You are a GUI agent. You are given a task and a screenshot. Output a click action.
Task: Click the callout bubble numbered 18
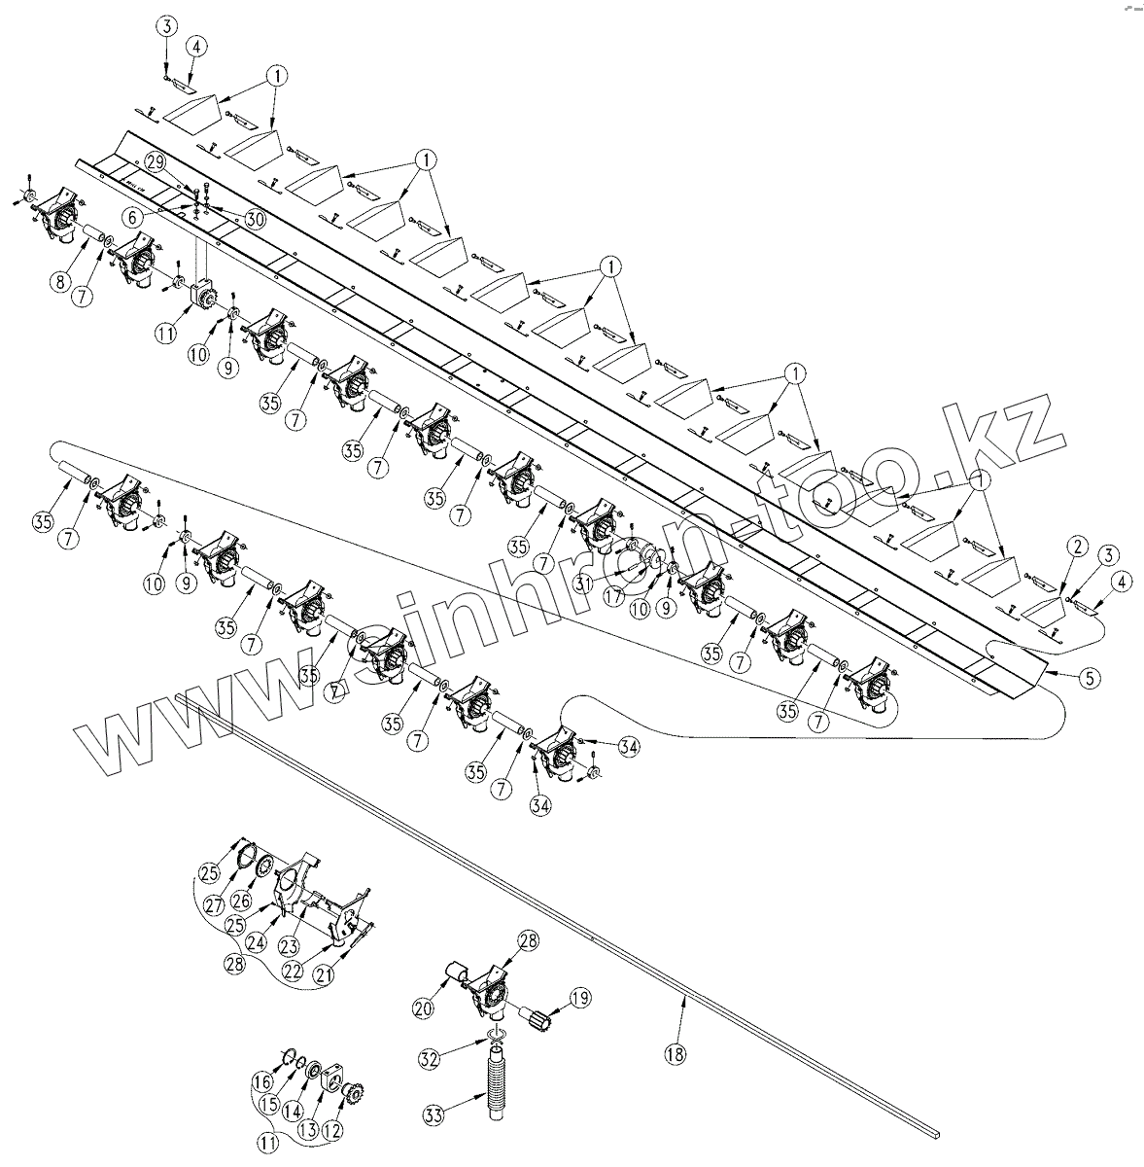pyautogui.click(x=675, y=1053)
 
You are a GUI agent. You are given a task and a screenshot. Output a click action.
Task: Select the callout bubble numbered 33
pyautogui.click(x=435, y=1113)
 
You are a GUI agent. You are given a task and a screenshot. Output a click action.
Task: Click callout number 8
pyautogui.click(x=61, y=283)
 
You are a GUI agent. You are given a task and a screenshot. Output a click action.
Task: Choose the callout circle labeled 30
pyautogui.click(x=255, y=220)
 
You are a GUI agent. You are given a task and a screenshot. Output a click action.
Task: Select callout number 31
pyautogui.click(x=583, y=582)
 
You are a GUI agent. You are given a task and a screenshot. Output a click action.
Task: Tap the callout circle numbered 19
pyautogui.click(x=580, y=997)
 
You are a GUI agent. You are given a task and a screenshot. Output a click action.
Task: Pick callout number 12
pyautogui.click(x=333, y=1131)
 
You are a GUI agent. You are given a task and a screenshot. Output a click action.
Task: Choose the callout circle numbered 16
pyautogui.click(x=262, y=1081)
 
